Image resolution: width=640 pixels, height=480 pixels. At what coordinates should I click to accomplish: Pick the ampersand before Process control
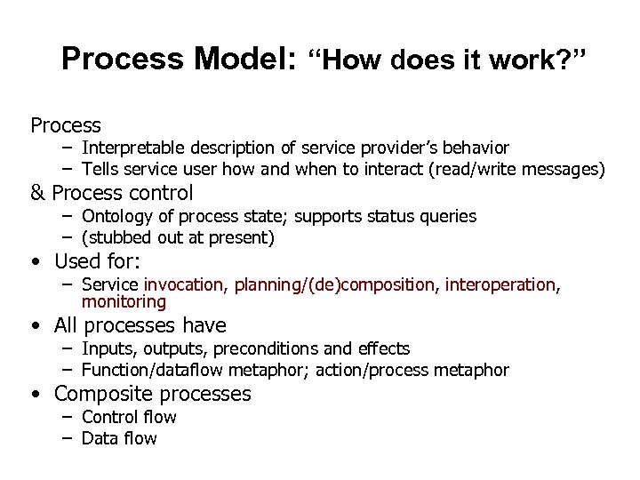click(x=38, y=193)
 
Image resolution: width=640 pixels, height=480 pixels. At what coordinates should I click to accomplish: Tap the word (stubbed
click(x=116, y=237)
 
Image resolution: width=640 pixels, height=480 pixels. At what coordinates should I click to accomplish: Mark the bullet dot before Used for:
click(x=34, y=262)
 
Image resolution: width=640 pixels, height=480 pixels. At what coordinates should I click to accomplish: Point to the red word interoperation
click(x=500, y=284)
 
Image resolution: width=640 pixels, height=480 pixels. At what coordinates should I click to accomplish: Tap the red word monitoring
click(x=124, y=301)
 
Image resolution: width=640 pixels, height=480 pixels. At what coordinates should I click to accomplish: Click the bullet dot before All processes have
click(x=34, y=325)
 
